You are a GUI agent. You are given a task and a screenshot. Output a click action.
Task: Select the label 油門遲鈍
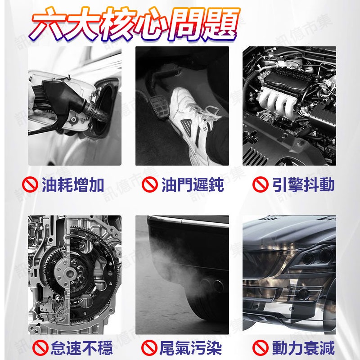[x=192, y=184]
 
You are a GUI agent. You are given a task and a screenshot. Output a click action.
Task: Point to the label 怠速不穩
[x=81, y=348]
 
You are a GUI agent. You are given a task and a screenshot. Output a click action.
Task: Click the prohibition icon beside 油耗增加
[x=30, y=185]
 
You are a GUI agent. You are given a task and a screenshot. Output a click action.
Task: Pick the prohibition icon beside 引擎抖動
[x=260, y=185]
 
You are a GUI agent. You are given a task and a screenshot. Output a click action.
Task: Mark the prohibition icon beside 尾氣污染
[x=149, y=348]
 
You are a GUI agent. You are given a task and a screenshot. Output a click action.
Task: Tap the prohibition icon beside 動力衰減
[x=260, y=348]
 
